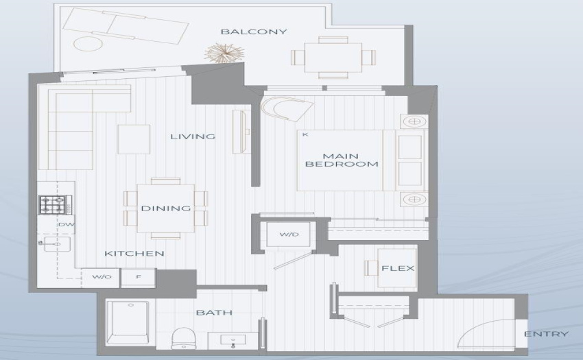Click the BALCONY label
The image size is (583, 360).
(254, 32)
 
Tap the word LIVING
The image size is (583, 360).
(193, 136)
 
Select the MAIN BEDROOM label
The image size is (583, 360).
(342, 160)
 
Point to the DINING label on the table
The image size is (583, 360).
(166, 208)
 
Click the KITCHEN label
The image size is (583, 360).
(134, 254)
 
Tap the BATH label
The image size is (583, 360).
(214, 313)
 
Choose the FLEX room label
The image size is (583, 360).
(398, 268)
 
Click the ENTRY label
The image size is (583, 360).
(546, 334)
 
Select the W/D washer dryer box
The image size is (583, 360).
(289, 235)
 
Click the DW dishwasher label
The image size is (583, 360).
(67, 225)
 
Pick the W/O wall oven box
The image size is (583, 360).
(101, 278)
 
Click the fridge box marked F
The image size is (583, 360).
(139, 278)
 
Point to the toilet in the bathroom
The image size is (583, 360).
(184, 338)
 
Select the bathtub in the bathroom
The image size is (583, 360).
(128, 322)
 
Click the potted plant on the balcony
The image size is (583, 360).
(224, 53)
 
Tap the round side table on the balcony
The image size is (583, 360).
(88, 43)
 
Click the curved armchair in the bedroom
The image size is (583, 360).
(287, 108)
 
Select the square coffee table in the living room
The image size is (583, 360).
(134, 139)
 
